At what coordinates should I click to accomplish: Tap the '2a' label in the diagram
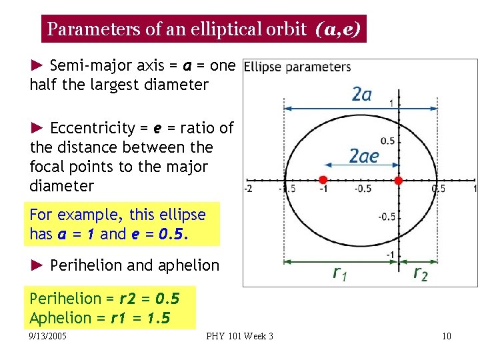[361, 94]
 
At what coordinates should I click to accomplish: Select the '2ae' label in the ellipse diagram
[364, 156]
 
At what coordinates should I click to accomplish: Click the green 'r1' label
[340, 273]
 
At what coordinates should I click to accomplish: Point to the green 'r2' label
[420, 273]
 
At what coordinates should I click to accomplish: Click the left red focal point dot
[323, 180]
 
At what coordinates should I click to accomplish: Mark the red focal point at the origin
[399, 180]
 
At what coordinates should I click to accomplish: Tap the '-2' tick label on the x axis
[248, 189]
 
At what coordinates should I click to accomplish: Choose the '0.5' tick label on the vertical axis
[387, 141]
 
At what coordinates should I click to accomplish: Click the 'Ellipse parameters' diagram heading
[297, 67]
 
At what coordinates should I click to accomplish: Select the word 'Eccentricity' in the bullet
[89, 128]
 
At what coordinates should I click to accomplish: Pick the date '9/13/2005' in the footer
[48, 336]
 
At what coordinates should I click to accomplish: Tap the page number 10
[446, 336]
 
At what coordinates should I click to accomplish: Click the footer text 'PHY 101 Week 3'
[240, 336]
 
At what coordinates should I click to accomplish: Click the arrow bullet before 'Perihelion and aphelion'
[37, 265]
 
